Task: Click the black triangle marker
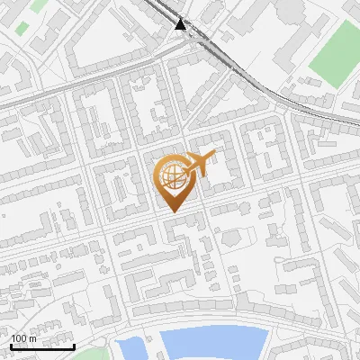click(182, 24)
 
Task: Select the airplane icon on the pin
click(201, 163)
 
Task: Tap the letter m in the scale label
click(32, 338)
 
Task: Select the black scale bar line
click(41, 346)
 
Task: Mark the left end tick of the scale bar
click(10, 345)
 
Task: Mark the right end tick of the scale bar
click(74, 345)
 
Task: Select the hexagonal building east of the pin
click(229, 237)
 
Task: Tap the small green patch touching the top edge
click(39, 4)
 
